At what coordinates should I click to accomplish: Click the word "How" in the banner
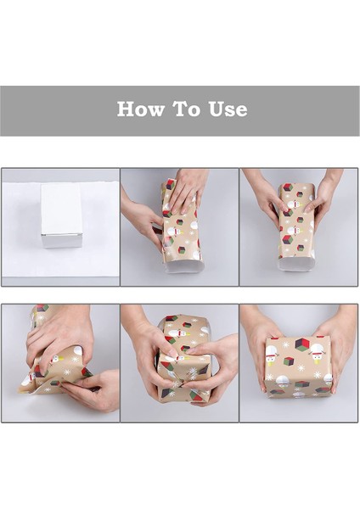click(x=140, y=109)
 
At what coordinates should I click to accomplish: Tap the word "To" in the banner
click(x=188, y=109)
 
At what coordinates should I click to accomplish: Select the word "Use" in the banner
click(x=228, y=109)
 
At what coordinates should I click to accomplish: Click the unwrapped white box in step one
click(x=61, y=215)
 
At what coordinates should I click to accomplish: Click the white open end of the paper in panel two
click(x=184, y=266)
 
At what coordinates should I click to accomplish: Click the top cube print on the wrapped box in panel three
click(x=287, y=188)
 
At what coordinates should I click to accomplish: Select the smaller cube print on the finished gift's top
click(x=289, y=361)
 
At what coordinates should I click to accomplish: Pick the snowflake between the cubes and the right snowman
click(x=301, y=368)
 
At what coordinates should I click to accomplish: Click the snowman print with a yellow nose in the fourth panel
click(x=56, y=360)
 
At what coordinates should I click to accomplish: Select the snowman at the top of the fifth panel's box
click(x=177, y=333)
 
